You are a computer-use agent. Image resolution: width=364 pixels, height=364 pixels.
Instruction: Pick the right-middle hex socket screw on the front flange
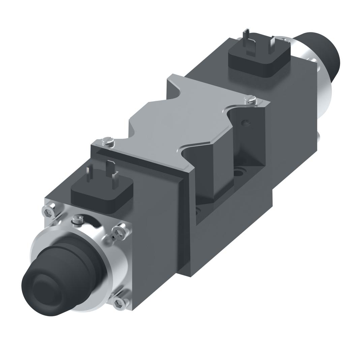coord(119,232)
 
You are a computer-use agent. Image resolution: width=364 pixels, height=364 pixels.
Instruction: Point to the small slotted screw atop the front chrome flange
coord(77,219)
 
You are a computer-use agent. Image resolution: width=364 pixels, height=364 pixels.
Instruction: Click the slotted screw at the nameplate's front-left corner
coord(108,142)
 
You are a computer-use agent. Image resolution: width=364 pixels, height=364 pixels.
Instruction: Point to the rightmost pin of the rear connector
coord(271,45)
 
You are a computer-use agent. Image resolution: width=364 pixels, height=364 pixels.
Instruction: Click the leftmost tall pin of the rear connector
coord(246,37)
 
